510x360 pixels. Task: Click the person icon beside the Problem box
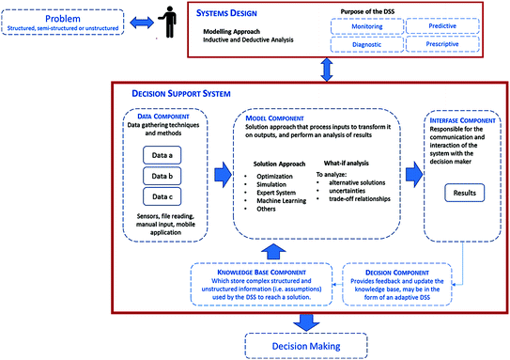[169, 24]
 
